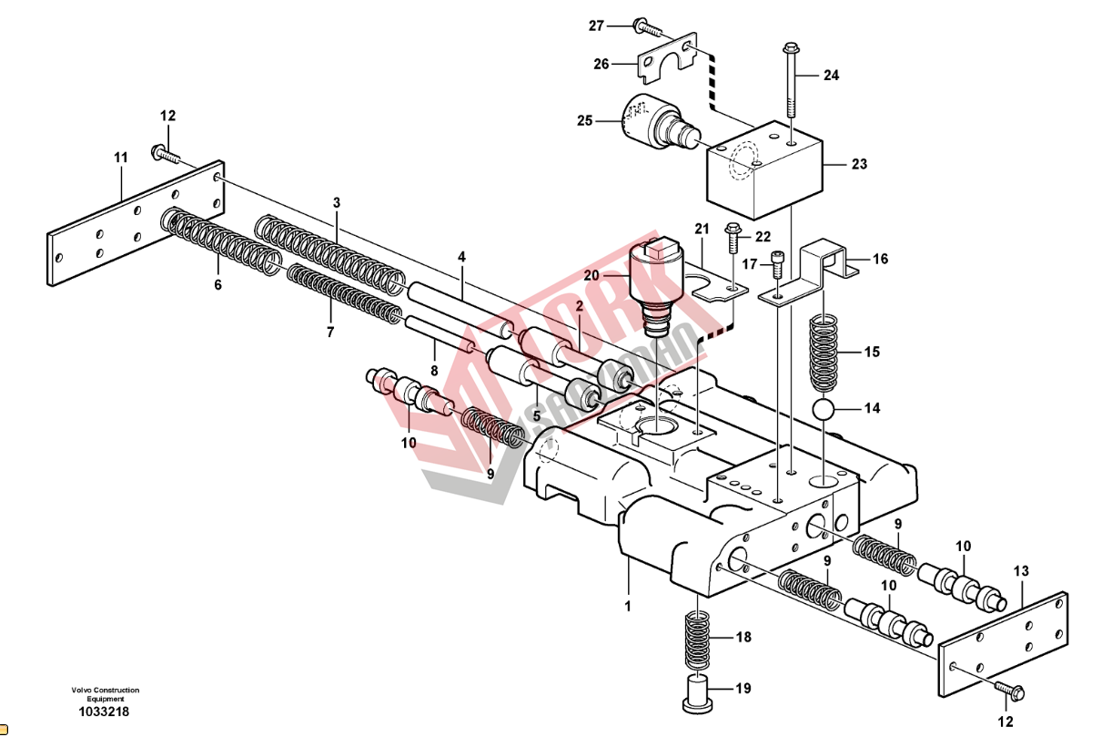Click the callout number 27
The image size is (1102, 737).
point(596,26)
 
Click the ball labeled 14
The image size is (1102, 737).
point(824,408)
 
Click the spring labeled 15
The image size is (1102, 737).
point(824,352)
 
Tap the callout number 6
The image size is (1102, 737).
point(217,285)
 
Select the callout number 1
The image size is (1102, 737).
point(628,604)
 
